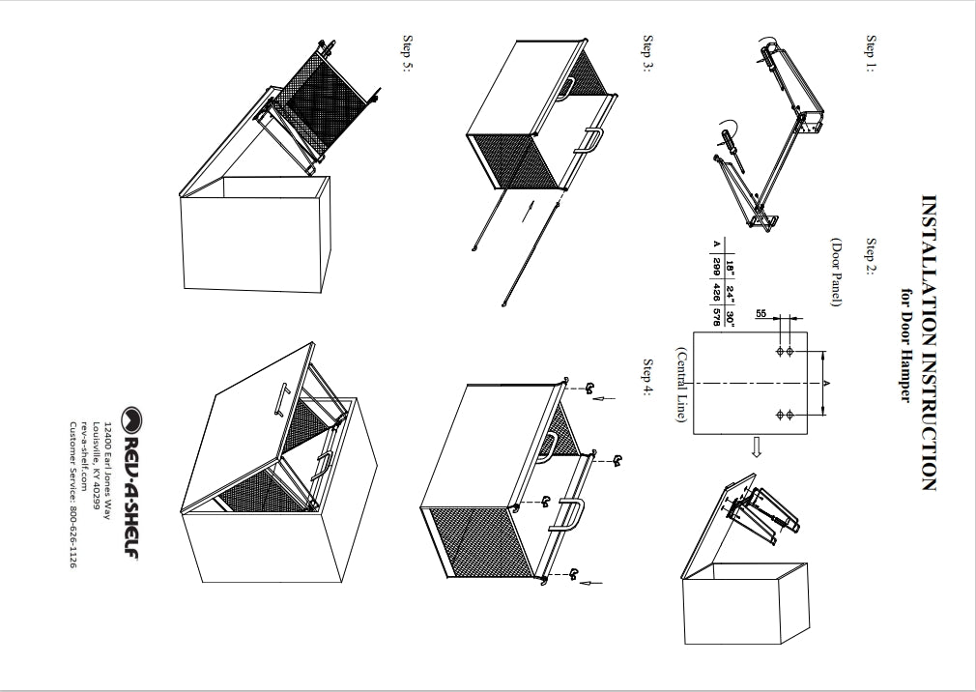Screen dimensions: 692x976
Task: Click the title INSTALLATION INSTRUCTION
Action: tap(928, 343)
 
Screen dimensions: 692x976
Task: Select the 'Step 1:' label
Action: tap(871, 55)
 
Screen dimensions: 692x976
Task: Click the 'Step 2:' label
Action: tap(871, 257)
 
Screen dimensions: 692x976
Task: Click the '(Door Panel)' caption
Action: tap(836, 274)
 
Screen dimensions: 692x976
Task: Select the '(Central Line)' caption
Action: tap(681, 383)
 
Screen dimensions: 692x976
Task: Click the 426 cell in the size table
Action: tap(716, 292)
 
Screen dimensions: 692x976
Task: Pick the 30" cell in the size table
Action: tap(731, 318)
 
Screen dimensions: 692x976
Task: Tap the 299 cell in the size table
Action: tap(716, 265)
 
